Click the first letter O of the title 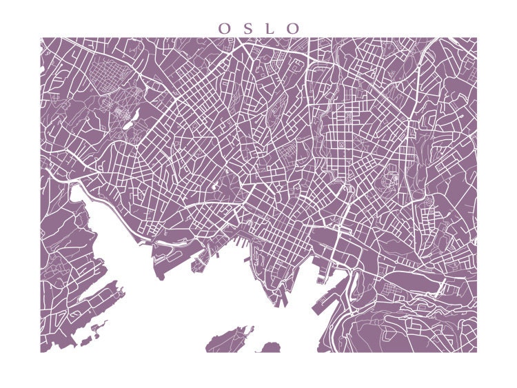click(x=224, y=29)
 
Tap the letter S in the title click(x=247, y=29)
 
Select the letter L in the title click(x=270, y=29)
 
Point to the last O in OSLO click(x=294, y=29)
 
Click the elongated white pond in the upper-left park click(x=132, y=120)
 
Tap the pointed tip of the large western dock click(x=160, y=276)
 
